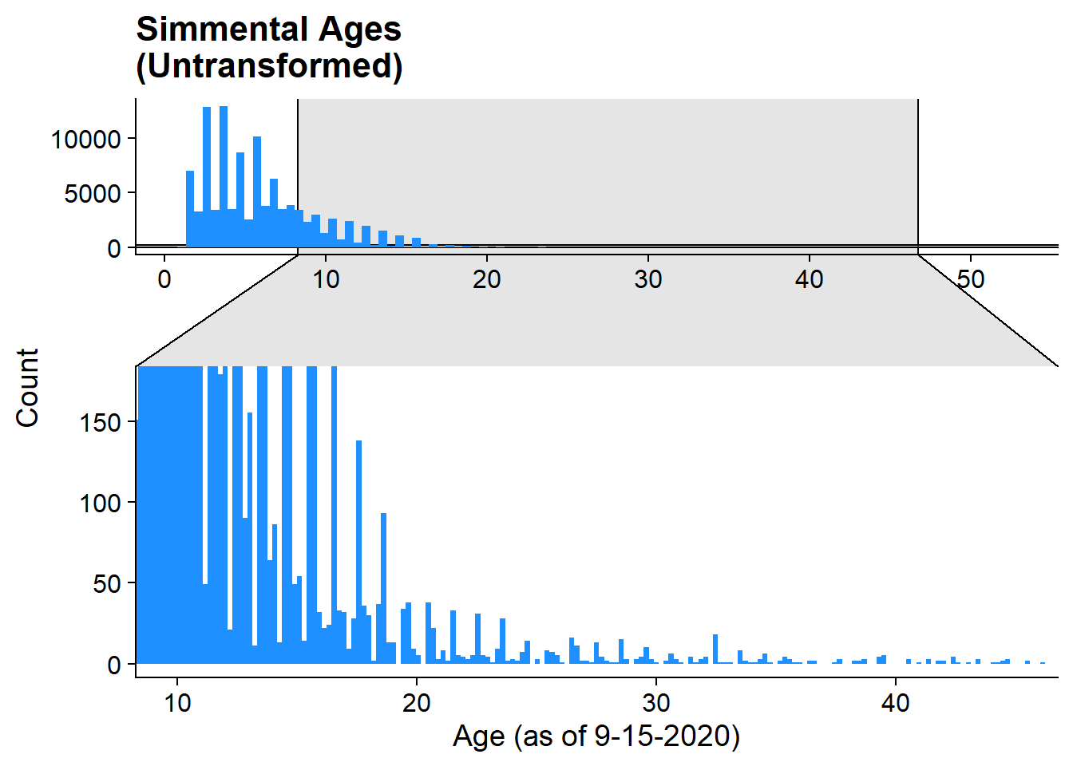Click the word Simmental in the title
pos(223,30)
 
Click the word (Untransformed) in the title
pos(269,66)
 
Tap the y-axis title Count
pos(27,388)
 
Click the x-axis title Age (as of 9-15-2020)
pos(596,735)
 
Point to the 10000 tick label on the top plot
pos(85,140)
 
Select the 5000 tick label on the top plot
pos(93,194)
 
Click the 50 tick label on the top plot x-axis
pos(970,279)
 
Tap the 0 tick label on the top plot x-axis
pos(164,279)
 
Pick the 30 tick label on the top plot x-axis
pos(647,279)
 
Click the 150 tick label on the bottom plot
pos(100,423)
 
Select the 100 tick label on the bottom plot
pos(100,503)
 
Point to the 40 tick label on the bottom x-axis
pos(895,703)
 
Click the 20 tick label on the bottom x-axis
pos(416,703)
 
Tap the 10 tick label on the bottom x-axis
pos(177,703)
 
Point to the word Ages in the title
pos(360,30)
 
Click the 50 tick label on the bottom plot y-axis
pos(107,584)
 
